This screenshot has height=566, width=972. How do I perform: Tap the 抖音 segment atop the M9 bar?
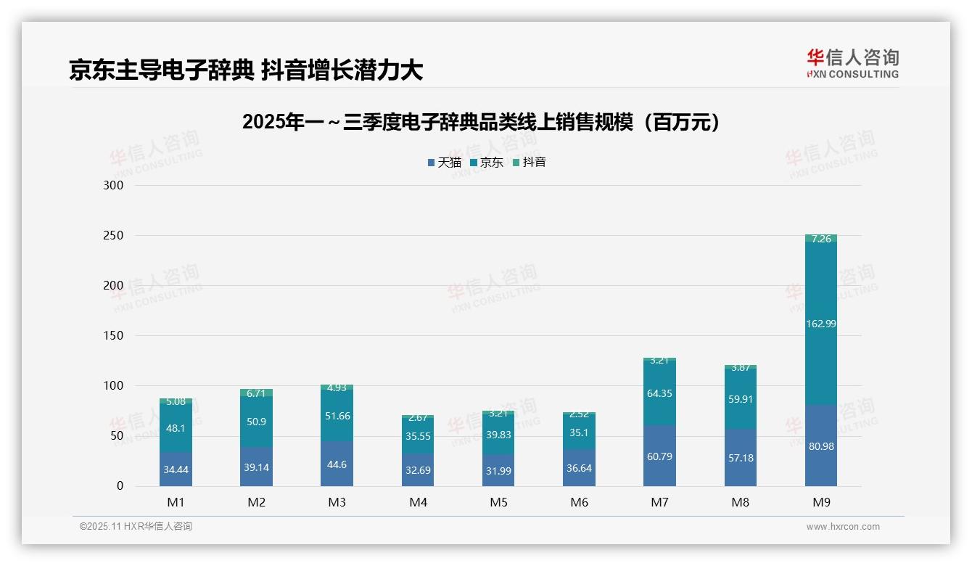pos(820,238)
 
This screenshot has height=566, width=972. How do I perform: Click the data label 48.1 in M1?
pos(176,429)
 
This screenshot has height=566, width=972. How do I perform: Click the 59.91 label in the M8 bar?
pos(740,398)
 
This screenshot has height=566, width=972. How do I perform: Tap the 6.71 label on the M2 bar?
pos(256,393)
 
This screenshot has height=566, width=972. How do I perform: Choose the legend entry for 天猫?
pos(444,163)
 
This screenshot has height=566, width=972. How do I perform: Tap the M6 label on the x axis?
pos(579,502)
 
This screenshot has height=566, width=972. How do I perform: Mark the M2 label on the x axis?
pos(256,502)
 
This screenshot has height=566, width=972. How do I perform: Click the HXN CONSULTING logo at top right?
pos(852,64)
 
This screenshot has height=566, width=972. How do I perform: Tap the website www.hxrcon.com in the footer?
pos(842,527)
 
